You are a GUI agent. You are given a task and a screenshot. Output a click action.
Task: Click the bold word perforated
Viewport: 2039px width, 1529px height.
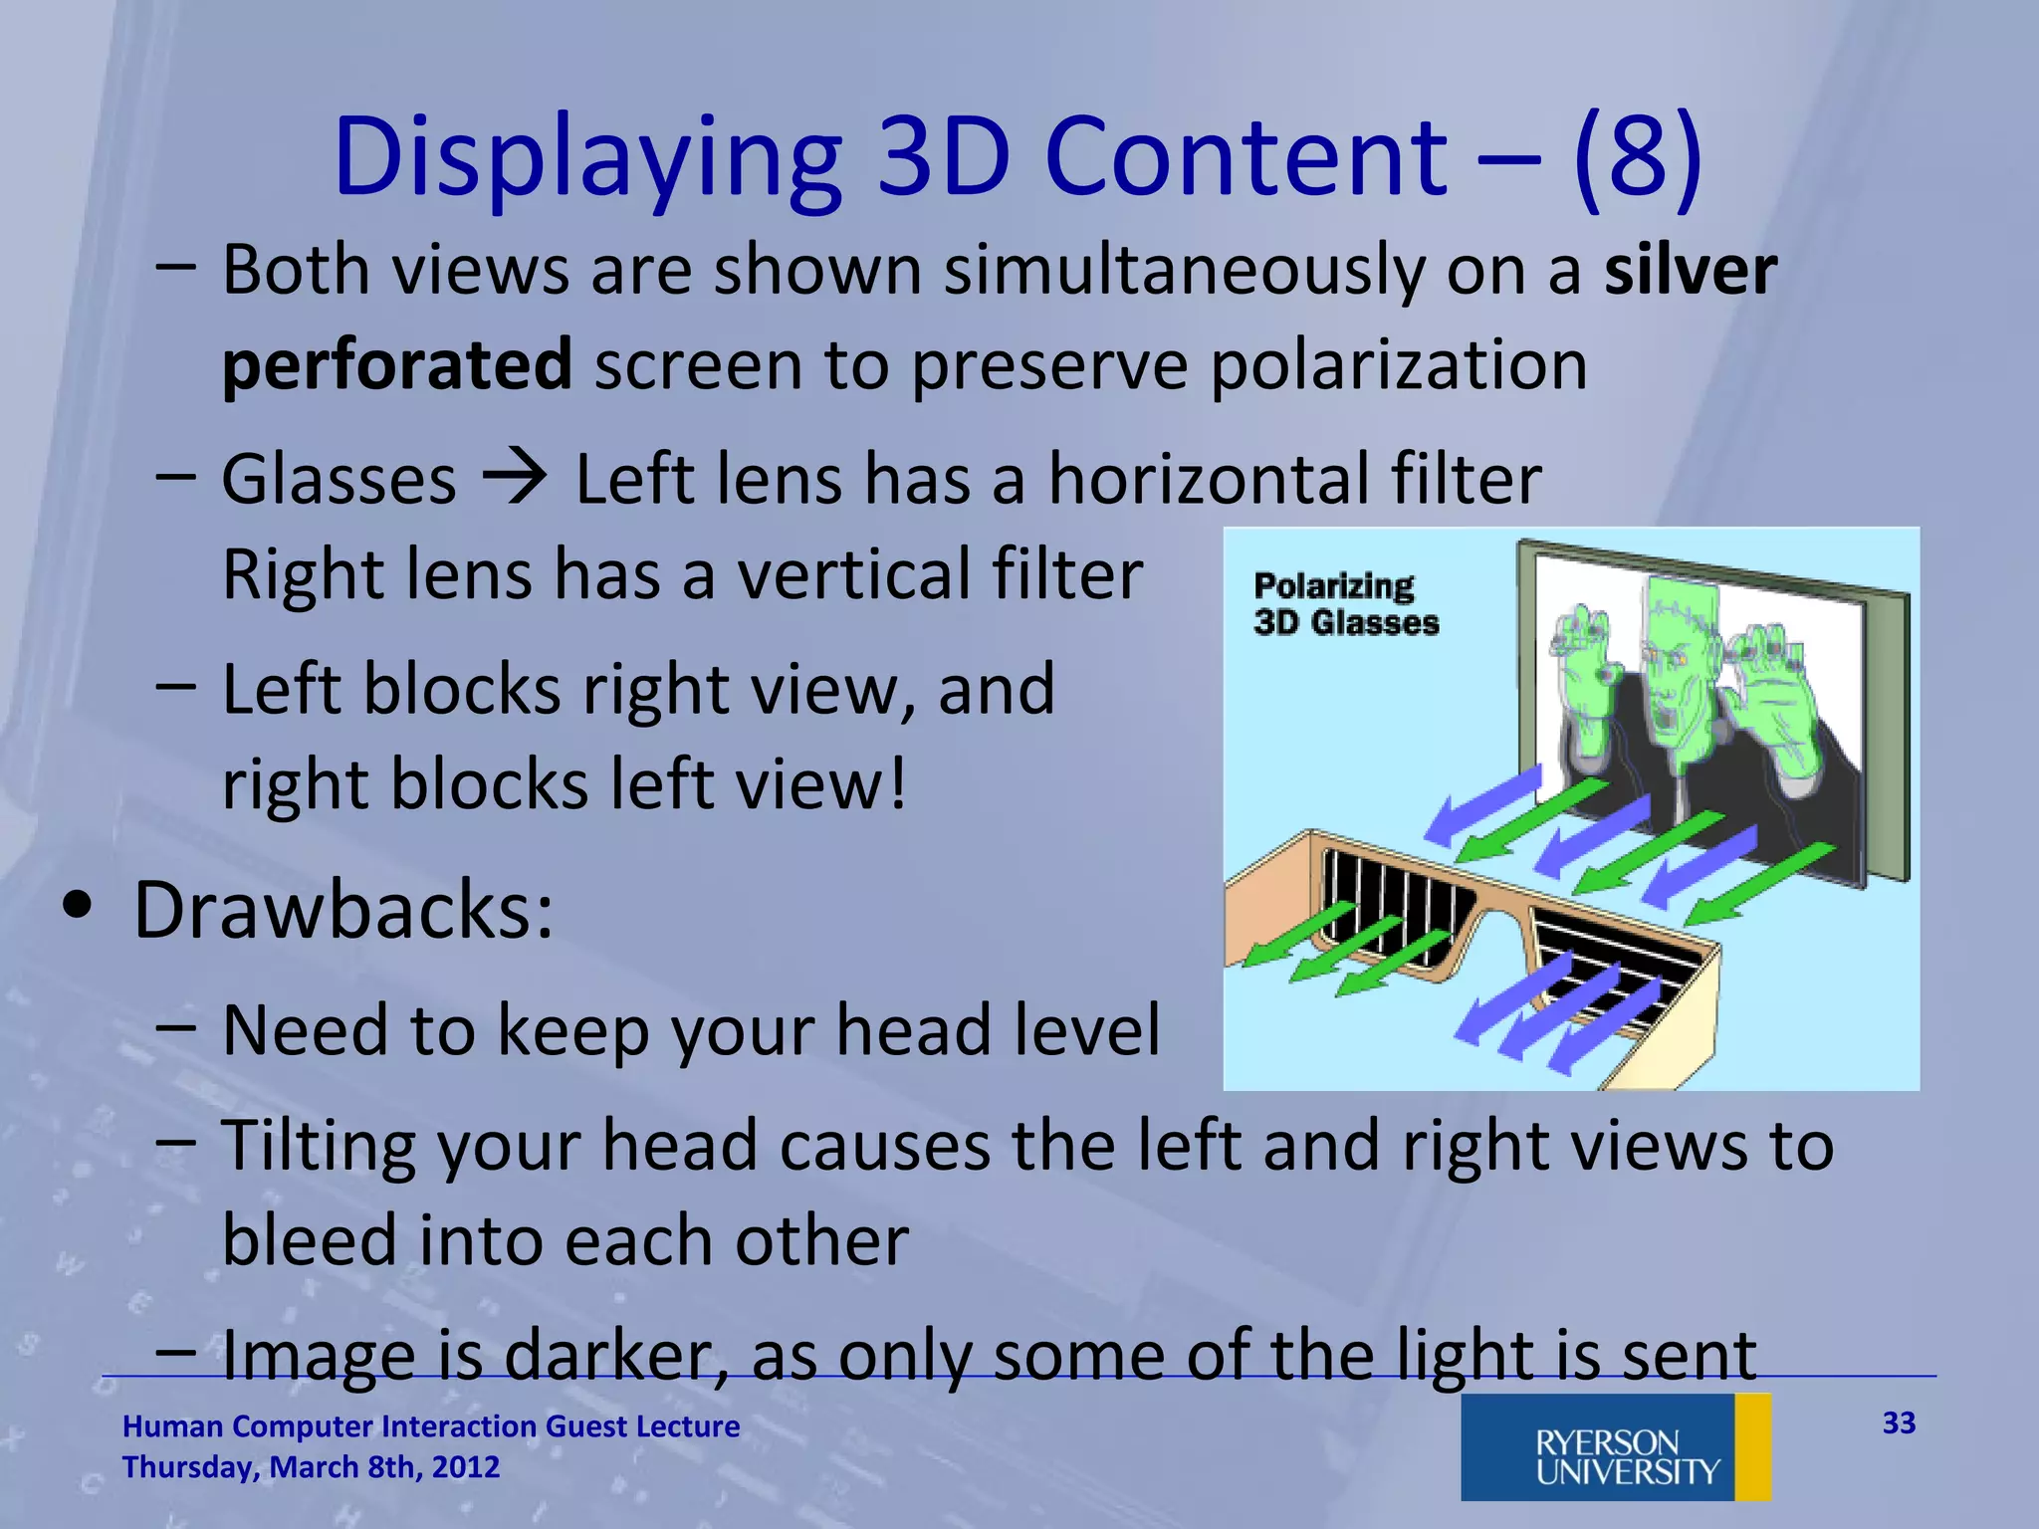point(396,365)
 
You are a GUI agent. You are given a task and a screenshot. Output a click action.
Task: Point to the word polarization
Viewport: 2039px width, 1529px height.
point(1399,365)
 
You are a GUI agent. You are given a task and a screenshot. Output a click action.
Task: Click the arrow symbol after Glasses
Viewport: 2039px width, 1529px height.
point(515,478)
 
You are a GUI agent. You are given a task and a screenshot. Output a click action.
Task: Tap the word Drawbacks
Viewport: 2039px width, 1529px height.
point(342,910)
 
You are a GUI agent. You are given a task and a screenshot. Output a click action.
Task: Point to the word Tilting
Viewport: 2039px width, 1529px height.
point(318,1146)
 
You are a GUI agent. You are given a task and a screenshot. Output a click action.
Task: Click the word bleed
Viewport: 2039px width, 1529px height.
point(308,1241)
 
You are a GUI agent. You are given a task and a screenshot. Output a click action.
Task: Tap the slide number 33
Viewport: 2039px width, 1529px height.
point(1899,1423)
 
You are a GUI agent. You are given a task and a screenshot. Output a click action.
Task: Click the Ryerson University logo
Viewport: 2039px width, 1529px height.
point(1615,1446)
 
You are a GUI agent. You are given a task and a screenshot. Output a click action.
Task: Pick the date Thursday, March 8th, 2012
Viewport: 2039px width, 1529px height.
point(311,1467)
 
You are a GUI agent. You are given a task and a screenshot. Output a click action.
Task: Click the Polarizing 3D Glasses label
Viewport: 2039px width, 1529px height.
point(1345,604)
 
